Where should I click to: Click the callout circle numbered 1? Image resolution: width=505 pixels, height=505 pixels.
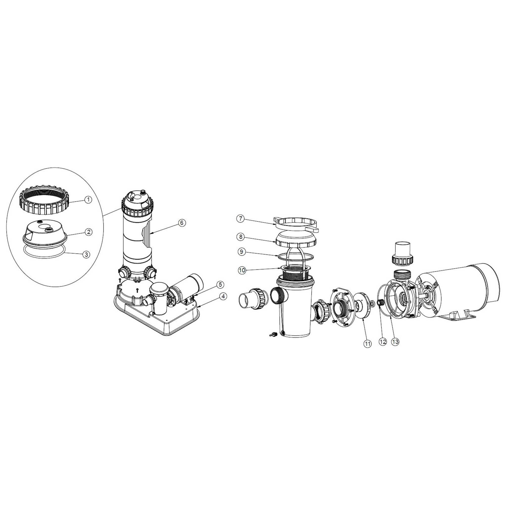pos(88,200)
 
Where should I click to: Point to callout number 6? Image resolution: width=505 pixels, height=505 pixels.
pos(182,215)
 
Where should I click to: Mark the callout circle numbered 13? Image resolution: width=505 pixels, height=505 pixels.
pos(395,341)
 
